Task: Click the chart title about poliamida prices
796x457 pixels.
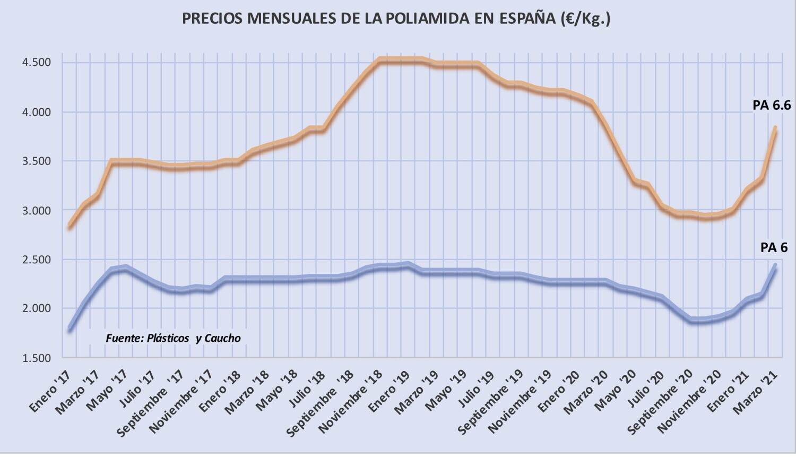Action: [x=396, y=19]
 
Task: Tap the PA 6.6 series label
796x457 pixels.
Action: [x=771, y=105]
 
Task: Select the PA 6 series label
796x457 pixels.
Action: [x=774, y=247]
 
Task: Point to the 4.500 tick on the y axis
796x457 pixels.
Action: [x=36, y=63]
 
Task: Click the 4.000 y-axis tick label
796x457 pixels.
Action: [x=36, y=112]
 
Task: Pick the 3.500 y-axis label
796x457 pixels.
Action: [x=36, y=161]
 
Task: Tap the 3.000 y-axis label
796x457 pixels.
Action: [x=36, y=211]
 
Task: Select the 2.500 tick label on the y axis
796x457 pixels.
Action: [x=36, y=260]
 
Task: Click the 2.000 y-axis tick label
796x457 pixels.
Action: [x=36, y=308]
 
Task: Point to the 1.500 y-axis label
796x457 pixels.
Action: [x=36, y=358]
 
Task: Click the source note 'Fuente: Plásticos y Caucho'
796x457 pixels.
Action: [x=173, y=338]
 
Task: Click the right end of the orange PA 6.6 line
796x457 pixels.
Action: [x=775, y=128]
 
